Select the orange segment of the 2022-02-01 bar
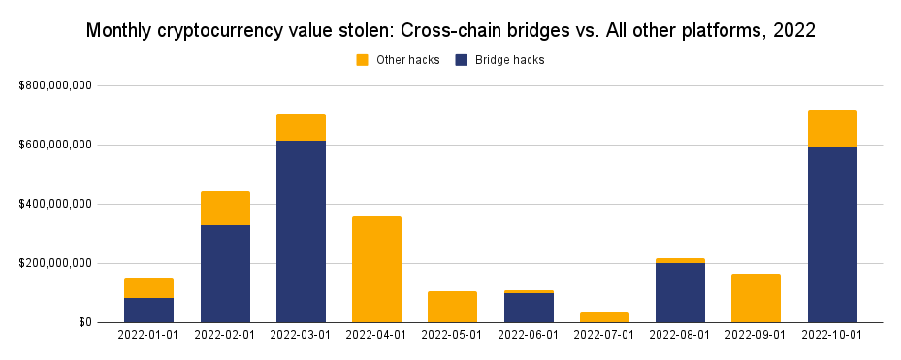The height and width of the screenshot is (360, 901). (225, 208)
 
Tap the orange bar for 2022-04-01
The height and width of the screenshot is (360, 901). (376, 269)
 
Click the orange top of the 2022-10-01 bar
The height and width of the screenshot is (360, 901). (831, 128)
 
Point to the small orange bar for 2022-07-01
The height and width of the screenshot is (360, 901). (604, 317)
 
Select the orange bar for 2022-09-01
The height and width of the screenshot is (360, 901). (756, 298)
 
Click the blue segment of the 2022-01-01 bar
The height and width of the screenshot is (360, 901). (149, 310)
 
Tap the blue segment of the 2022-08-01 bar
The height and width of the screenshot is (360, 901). (680, 292)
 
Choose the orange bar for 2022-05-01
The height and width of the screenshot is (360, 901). (452, 307)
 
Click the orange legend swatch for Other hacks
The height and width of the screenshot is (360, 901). (363, 60)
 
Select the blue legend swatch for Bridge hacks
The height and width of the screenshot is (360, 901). (462, 60)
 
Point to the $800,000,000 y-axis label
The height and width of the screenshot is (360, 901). (55, 86)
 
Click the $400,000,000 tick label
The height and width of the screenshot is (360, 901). (55, 204)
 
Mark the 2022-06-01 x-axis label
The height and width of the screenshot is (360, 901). (529, 335)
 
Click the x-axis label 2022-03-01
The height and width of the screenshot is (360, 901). (301, 335)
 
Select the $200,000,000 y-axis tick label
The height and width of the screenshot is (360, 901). (55, 263)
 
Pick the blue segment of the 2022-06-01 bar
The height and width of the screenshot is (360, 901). (529, 308)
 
